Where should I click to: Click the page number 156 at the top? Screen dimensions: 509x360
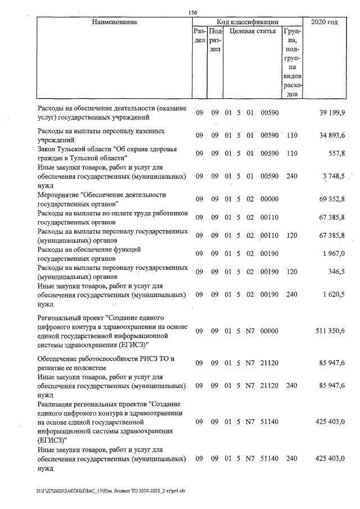pyautogui.click(x=193, y=13)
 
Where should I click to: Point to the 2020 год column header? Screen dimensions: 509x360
pyautogui.click(x=328, y=22)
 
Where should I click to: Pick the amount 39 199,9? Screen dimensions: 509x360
pyautogui.click(x=332, y=113)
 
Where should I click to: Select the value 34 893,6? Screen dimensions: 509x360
pyautogui.click(x=332, y=136)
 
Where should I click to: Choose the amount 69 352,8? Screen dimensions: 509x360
pyautogui.click(x=332, y=200)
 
